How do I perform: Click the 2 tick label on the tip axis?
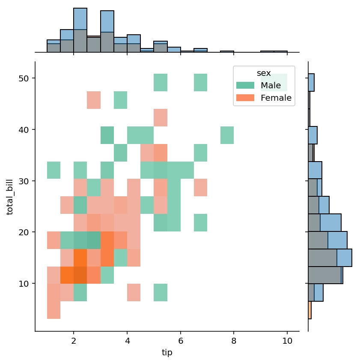[x=74, y=341]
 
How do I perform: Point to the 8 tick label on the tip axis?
[x=234, y=341]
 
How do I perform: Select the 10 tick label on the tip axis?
[x=287, y=341]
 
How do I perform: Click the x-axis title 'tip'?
[x=167, y=352]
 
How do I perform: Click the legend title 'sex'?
[x=264, y=73]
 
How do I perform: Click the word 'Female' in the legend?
[x=276, y=98]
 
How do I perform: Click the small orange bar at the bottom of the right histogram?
[x=309, y=310]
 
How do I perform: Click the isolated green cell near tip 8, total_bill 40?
[x=227, y=135]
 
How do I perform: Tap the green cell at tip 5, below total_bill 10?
[x=161, y=292]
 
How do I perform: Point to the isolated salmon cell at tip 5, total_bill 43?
[x=161, y=117]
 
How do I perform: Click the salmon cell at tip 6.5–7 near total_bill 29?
[x=200, y=187]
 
